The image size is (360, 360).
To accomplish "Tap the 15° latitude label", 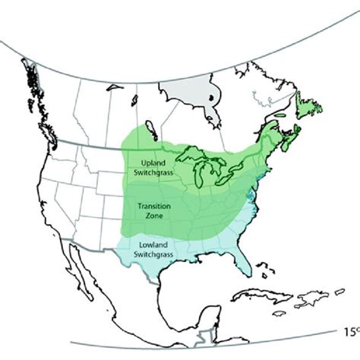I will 348,331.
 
